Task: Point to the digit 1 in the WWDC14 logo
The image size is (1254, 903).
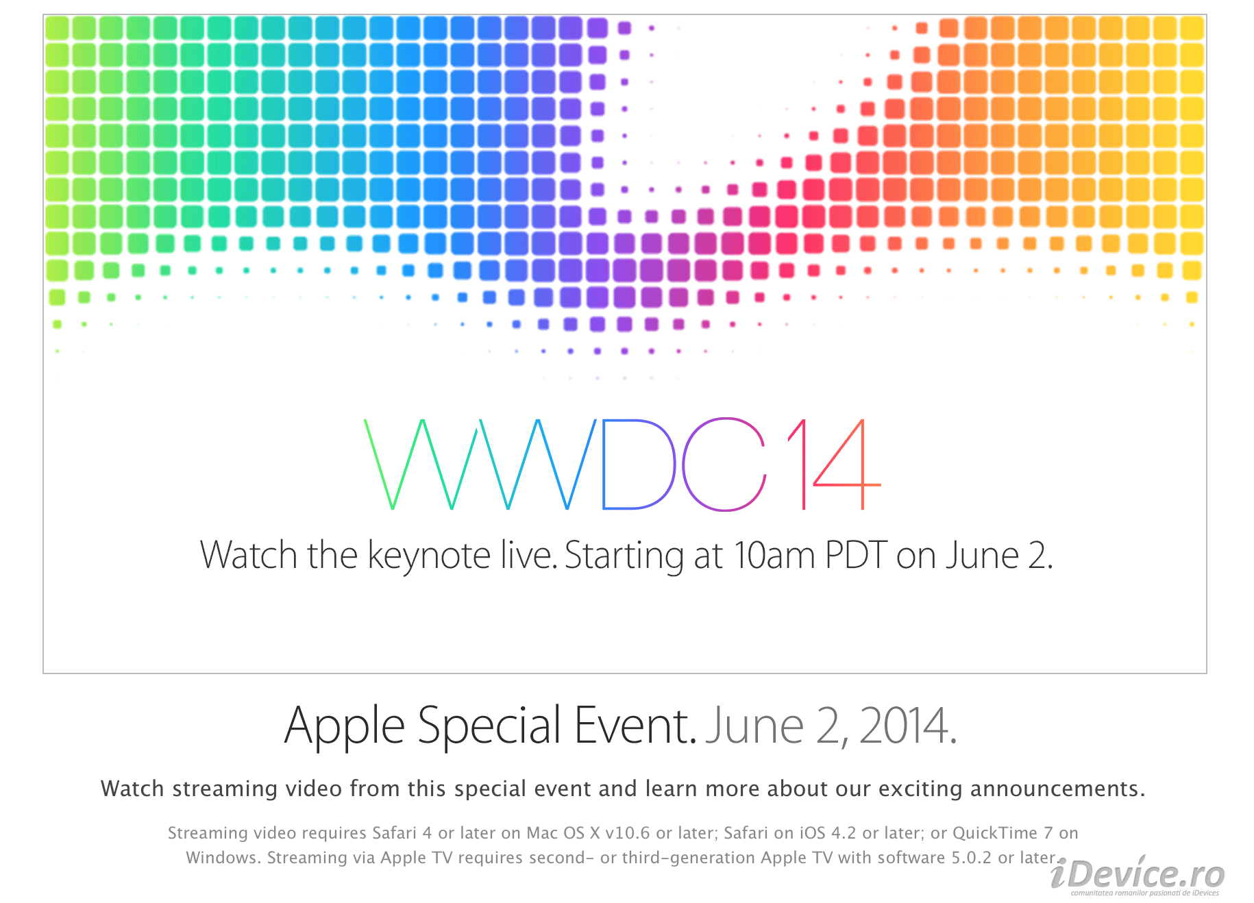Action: point(803,464)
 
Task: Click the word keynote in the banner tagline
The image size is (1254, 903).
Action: point(429,556)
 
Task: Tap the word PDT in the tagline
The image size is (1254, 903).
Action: point(857,555)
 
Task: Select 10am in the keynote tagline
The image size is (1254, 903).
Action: point(774,555)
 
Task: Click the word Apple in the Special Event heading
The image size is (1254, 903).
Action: point(345,727)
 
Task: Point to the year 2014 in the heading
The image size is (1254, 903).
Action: point(908,726)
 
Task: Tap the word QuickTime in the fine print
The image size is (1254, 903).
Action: point(995,833)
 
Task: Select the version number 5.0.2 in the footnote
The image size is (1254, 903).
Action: point(972,858)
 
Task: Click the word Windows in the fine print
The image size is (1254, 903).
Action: point(223,858)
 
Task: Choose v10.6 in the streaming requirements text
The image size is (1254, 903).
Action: point(628,833)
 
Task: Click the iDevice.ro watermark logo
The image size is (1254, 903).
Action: point(1138,875)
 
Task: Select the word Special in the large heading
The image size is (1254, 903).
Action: point(489,727)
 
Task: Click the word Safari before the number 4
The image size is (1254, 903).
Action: point(394,833)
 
